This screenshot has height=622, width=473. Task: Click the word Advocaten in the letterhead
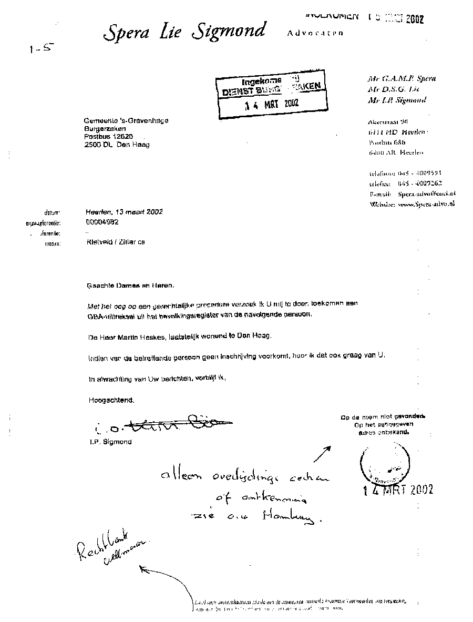point(315,33)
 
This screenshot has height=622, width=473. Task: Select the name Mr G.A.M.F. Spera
point(402,79)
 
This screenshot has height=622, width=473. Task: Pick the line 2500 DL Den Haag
point(117,145)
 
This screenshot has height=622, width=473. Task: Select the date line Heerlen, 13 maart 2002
point(124,212)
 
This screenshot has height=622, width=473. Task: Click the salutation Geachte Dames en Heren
point(129,285)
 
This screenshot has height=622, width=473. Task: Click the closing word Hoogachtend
point(111,400)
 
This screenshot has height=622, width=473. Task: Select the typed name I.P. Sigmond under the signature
point(110,442)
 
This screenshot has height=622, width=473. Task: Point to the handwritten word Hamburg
point(295,519)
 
